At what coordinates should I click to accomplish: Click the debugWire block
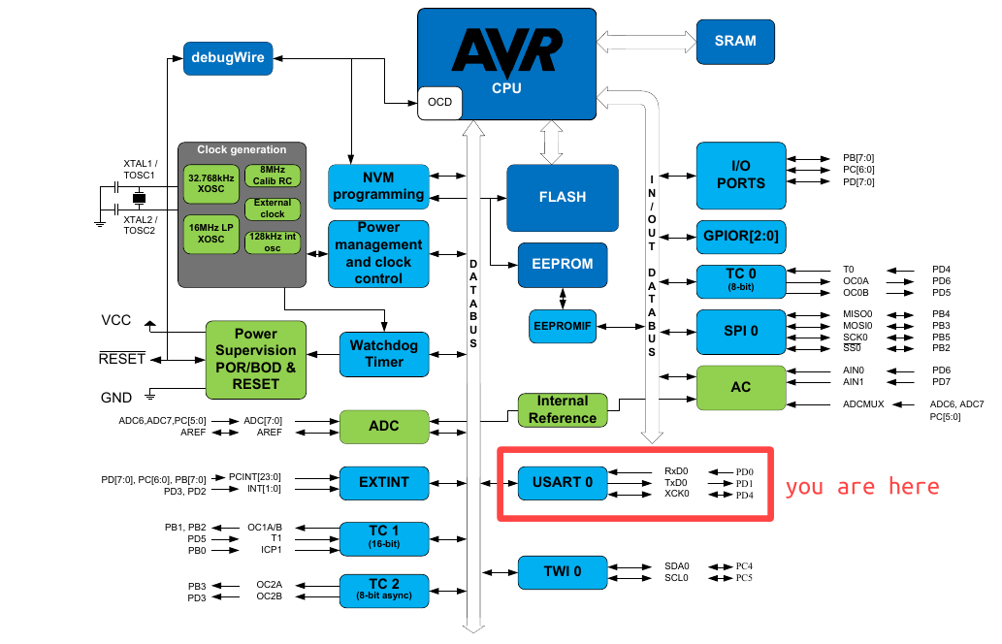pyautogui.click(x=227, y=56)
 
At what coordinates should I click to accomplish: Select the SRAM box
pyautogui.click(x=734, y=41)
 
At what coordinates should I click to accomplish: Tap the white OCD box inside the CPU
pyautogui.click(x=439, y=103)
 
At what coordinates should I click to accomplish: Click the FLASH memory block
pyautogui.click(x=562, y=197)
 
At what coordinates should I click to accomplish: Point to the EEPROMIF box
pyautogui.click(x=563, y=326)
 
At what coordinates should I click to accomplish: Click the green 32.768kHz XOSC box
pyautogui.click(x=210, y=184)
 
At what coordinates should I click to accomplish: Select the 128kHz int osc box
pyautogui.click(x=273, y=242)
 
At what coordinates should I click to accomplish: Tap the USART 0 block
pyautogui.click(x=562, y=482)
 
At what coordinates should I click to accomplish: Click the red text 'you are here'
pyautogui.click(x=861, y=487)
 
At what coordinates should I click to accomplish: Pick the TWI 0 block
pyautogui.click(x=562, y=571)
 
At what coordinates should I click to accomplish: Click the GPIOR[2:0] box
pyautogui.click(x=740, y=236)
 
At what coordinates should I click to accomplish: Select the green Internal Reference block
pyautogui.click(x=562, y=409)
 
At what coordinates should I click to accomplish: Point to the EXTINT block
pyautogui.click(x=383, y=481)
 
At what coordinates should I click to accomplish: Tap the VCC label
pyautogui.click(x=117, y=320)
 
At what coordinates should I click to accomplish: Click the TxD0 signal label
pyautogui.click(x=676, y=483)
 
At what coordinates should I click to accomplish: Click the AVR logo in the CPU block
pyautogui.click(x=506, y=50)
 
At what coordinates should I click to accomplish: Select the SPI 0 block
pyautogui.click(x=740, y=331)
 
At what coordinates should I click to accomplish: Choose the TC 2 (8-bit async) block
pyautogui.click(x=383, y=589)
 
